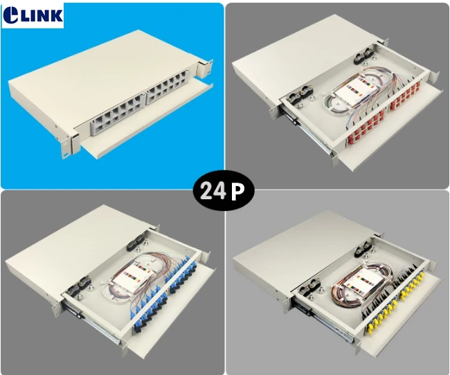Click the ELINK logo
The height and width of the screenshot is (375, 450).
pos(33,15)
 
